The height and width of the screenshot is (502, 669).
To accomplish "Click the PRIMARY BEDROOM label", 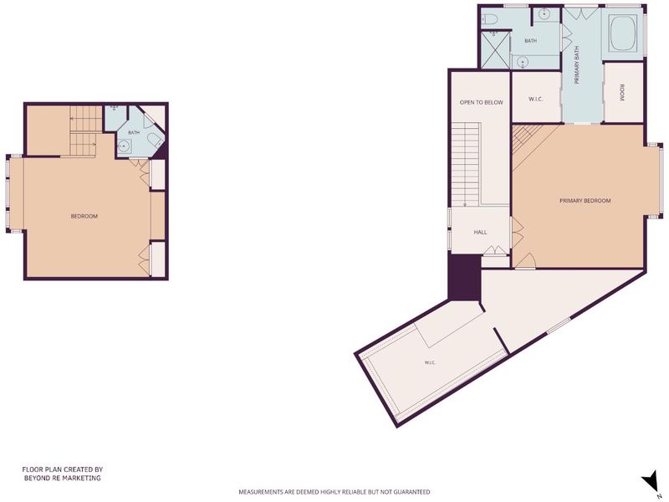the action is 585,201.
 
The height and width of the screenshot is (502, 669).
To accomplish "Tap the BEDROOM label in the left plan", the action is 84,217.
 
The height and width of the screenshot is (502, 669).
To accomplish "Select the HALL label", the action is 480,233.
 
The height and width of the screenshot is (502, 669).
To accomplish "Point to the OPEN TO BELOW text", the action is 482,102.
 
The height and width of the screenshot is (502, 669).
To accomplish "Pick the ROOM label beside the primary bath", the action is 622,93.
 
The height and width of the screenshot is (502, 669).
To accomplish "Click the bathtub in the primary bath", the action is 624,33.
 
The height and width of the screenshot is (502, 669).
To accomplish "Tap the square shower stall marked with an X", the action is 495,49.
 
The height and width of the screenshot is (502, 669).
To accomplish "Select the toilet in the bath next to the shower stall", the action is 489,19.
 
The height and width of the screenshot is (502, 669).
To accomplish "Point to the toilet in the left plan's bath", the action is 154,140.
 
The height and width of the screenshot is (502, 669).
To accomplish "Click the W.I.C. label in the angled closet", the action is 430,363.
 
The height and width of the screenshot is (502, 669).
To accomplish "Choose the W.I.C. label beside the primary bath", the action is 535,99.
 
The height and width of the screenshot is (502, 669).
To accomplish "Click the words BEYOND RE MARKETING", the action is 62,478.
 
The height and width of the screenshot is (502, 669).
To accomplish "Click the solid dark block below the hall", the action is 465,278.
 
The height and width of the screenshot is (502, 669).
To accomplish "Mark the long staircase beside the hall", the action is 467,164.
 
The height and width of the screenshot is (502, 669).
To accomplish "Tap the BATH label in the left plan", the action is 134,133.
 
